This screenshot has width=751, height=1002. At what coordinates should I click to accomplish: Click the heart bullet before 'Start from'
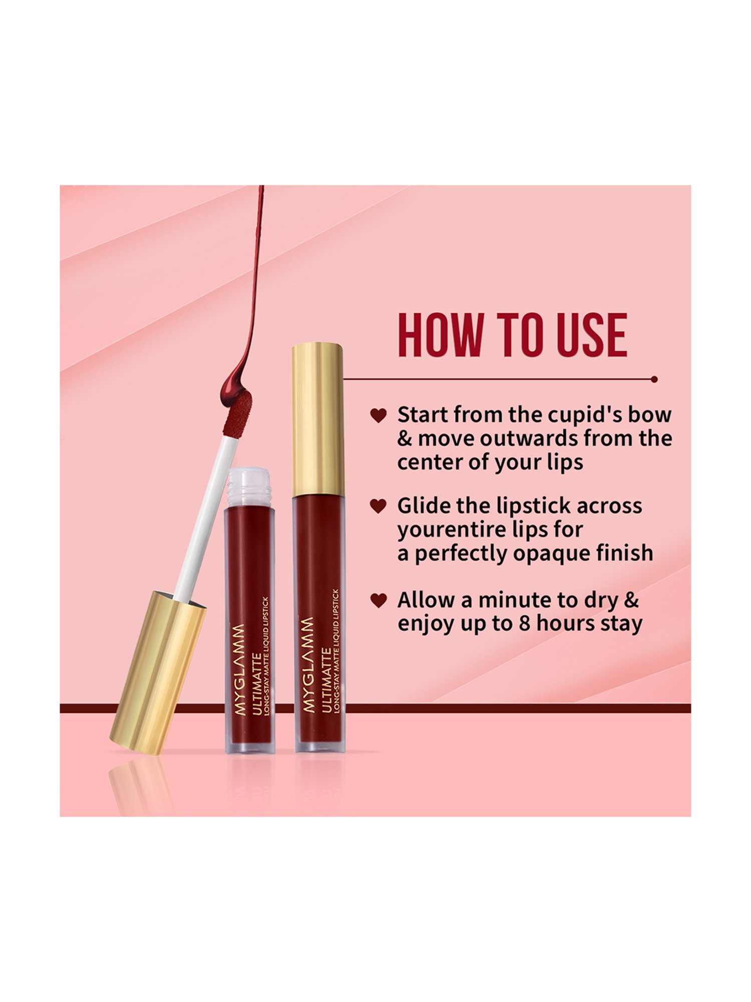click(379, 415)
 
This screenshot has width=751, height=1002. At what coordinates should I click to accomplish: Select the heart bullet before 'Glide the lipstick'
click(379, 506)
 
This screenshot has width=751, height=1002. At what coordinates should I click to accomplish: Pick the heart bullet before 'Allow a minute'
click(379, 600)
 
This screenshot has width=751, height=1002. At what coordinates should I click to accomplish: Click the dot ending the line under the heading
click(654, 379)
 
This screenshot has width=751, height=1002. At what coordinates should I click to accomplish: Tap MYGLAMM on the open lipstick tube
click(241, 669)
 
